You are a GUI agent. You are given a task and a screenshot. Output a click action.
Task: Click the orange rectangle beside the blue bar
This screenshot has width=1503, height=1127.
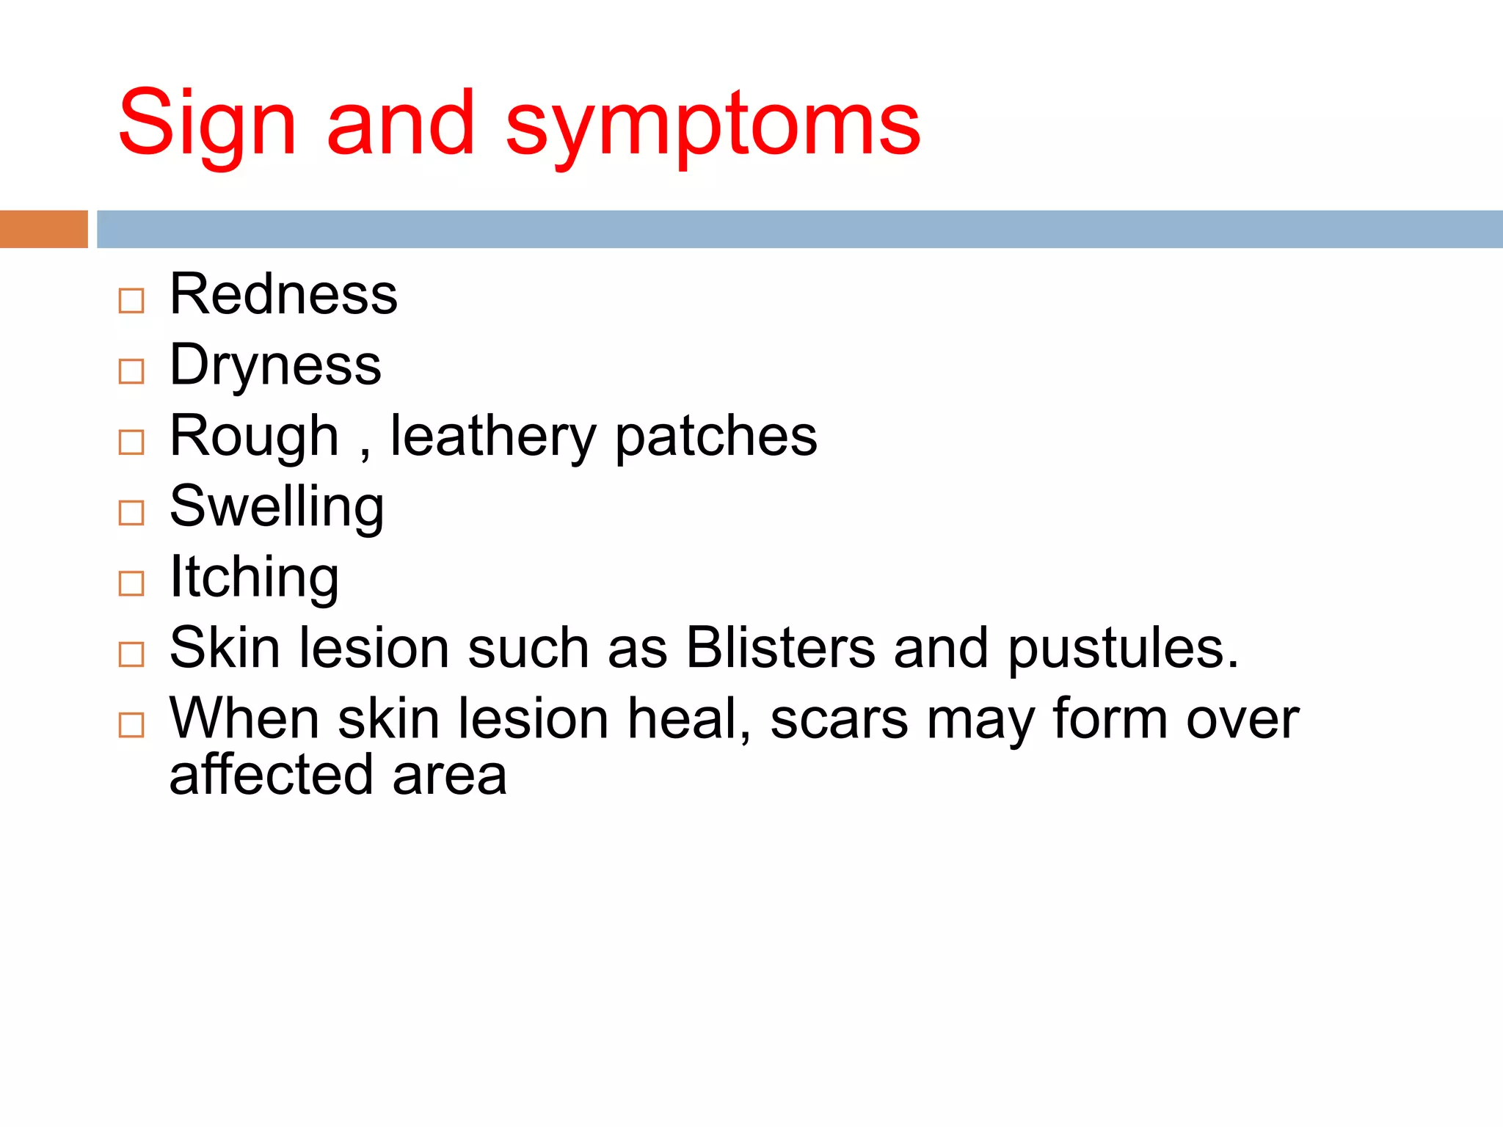point(43,229)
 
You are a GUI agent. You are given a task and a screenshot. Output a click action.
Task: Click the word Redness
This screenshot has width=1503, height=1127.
point(283,294)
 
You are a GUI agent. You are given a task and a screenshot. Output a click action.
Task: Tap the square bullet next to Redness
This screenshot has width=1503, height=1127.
point(131,301)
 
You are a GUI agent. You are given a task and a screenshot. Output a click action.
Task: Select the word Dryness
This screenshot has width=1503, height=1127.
point(275,365)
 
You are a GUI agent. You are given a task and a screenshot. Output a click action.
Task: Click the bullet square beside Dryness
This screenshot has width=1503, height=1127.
point(131,372)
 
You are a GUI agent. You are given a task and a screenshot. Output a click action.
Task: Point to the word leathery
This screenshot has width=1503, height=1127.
point(493,436)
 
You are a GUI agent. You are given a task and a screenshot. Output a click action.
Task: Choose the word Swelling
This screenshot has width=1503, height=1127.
point(277,506)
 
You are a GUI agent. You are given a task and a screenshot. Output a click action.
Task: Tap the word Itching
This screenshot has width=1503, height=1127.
point(254,577)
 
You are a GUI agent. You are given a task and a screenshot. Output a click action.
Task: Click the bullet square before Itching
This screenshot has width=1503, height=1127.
point(131,584)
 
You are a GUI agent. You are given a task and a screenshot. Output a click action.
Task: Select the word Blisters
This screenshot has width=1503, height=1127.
point(781,648)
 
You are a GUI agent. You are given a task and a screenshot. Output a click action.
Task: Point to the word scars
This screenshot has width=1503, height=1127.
point(839,719)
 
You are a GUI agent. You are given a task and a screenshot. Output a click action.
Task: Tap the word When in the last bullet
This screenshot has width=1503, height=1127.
point(244,718)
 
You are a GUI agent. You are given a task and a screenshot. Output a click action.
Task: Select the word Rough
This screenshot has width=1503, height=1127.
point(254,436)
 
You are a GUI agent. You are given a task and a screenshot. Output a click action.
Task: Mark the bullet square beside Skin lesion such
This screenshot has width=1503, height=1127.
point(131,654)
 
